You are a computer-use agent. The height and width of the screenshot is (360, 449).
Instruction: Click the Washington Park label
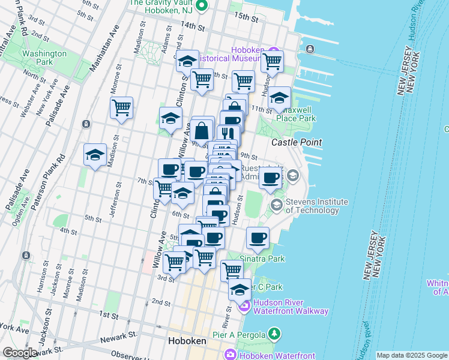44,58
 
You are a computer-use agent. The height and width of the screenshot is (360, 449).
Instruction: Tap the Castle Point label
297,142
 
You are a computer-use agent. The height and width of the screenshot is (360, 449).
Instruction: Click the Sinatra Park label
262,259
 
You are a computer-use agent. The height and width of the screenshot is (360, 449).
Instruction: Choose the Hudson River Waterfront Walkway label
291,307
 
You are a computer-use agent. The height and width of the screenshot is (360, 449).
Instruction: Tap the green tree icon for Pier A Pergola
274,332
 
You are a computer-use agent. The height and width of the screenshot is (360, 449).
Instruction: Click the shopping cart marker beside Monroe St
122,108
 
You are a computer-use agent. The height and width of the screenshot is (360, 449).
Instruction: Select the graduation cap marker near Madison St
95,155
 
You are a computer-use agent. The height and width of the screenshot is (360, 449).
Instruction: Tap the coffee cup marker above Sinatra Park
258,238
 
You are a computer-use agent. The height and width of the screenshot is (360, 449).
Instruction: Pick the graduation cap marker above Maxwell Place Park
279,98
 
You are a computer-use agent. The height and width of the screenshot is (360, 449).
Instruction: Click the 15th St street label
246,17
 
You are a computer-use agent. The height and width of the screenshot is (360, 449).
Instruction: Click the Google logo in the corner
20,352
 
